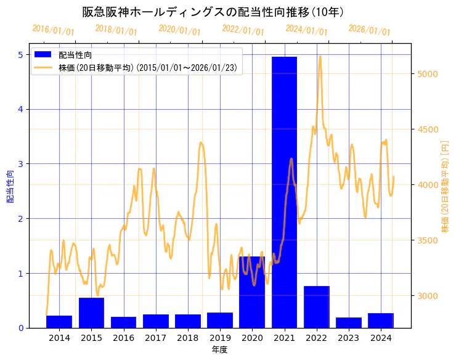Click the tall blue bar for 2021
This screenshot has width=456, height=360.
coord(284,192)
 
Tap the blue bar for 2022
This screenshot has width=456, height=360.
coord(316,306)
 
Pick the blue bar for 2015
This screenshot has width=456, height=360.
coord(91,313)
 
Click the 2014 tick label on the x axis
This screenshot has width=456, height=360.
coord(59,338)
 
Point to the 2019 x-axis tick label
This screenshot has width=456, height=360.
coord(220,338)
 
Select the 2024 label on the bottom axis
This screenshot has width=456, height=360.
coord(381,338)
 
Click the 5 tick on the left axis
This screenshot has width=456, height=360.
coord(20,55)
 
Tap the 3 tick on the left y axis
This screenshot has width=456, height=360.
coord(20,164)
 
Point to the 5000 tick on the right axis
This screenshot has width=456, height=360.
coord(428,74)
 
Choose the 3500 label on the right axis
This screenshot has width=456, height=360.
coord(428,240)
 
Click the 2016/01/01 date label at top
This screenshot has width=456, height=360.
coord(54,30)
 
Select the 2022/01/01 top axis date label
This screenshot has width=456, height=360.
coord(243,30)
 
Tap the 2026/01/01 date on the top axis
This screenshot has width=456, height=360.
coord(369,30)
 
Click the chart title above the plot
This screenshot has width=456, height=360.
coord(213,12)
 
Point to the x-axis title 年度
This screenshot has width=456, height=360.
coord(220,350)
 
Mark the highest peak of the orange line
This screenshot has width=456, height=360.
coord(320,56)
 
